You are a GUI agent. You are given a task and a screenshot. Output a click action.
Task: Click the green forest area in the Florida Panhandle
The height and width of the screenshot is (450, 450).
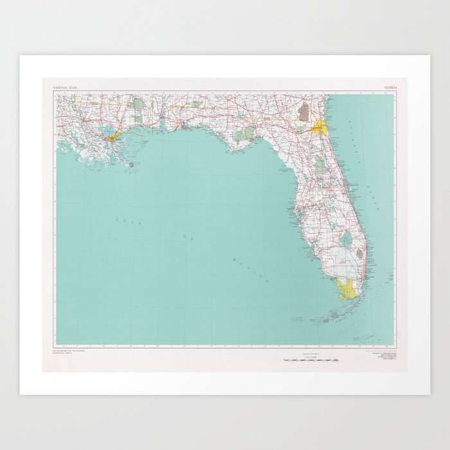pos(245,135)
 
